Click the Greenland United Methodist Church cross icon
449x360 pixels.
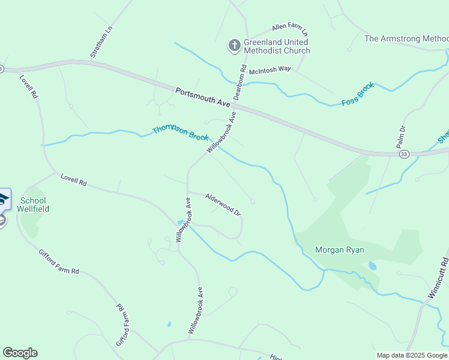tap(234, 46)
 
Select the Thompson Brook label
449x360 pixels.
tap(180, 133)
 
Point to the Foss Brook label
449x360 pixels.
tap(358, 94)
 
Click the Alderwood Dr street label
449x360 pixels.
tap(223, 204)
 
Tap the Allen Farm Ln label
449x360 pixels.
tap(289, 28)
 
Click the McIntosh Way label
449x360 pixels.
tap(270, 69)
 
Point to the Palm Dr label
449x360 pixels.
tap(401, 137)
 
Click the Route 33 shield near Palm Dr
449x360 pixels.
tap(405, 154)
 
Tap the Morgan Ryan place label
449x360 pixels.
tap(340, 250)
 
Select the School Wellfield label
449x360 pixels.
tap(35, 205)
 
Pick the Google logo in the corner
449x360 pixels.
tap(20, 353)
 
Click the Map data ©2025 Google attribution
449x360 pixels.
tap(411, 355)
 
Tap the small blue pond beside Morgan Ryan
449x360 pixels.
tap(373, 265)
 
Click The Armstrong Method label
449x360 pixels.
tap(406, 38)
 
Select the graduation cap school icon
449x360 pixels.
tap(3, 199)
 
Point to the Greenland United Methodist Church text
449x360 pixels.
tap(277, 47)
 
